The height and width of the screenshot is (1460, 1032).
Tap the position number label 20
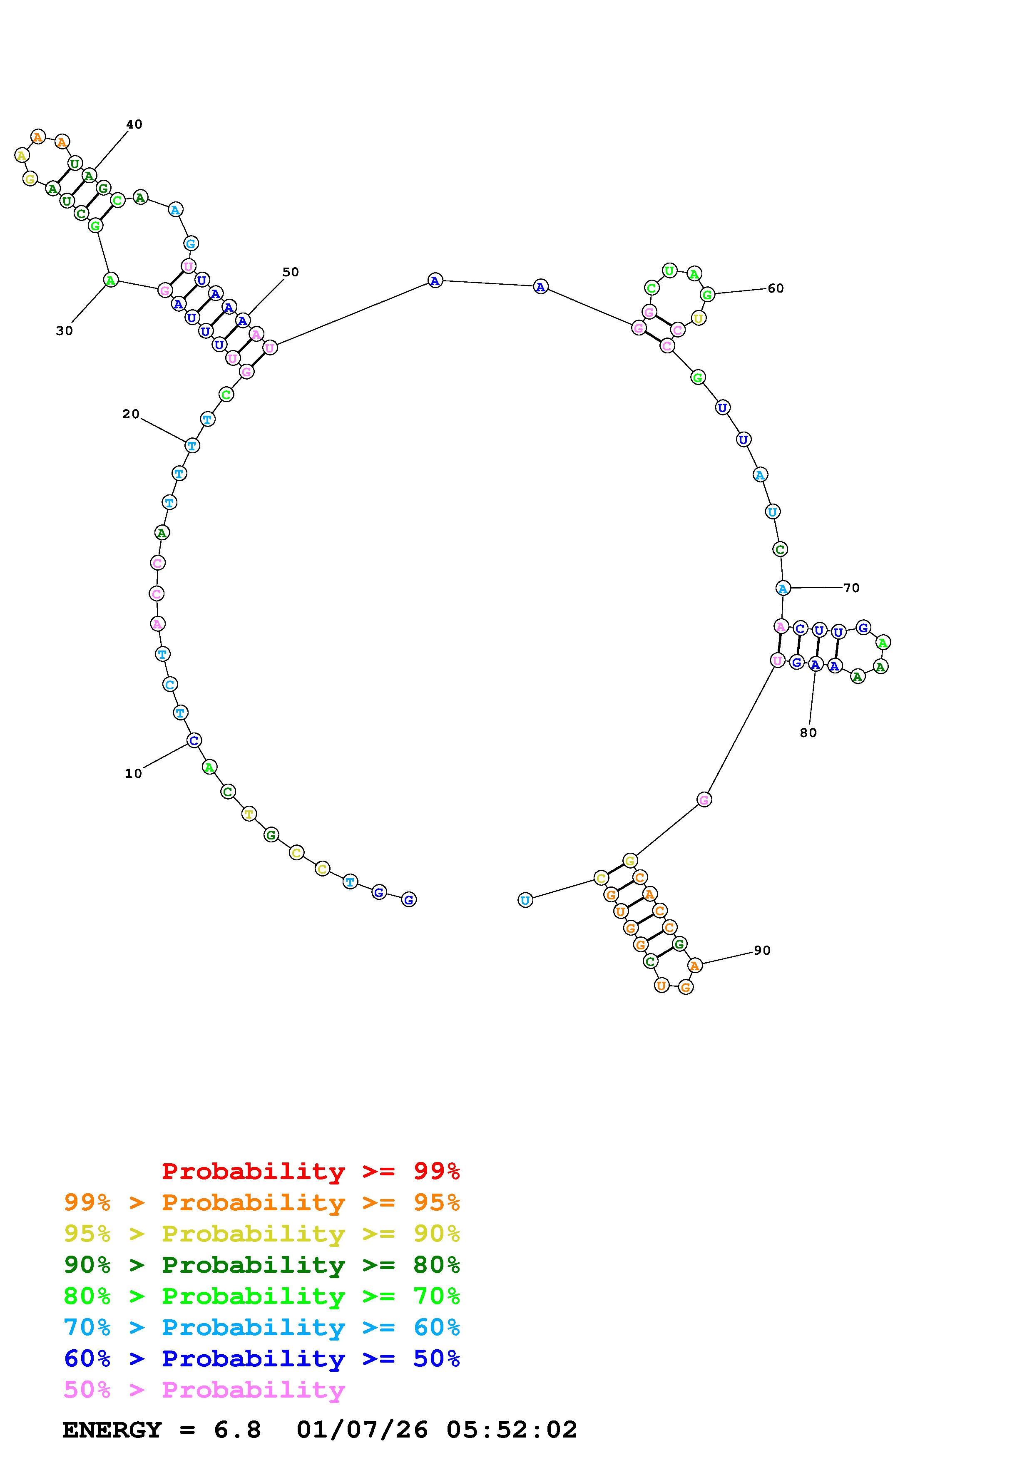click(131, 414)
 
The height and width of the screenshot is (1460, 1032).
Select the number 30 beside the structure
click(64, 330)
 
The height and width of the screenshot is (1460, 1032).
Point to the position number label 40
click(134, 124)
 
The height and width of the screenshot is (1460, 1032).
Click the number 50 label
click(291, 272)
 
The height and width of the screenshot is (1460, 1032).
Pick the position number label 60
click(776, 288)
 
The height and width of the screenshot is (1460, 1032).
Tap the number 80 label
click(808, 732)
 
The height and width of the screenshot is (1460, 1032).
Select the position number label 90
click(762, 950)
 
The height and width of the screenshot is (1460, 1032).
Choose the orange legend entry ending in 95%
click(262, 1202)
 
